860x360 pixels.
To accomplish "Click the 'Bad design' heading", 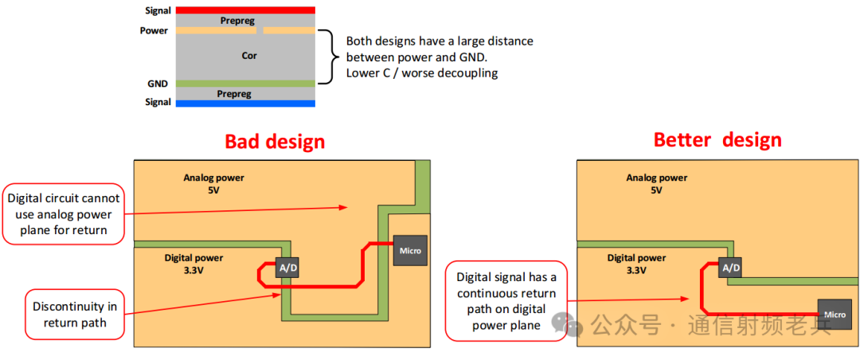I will [275, 142].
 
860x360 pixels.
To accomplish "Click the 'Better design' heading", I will [717, 140].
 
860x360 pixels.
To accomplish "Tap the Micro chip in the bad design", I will [411, 251].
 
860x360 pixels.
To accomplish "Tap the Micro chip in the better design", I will [835, 314].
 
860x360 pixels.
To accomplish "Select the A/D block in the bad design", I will [287, 268].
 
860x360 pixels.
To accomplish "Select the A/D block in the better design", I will [730, 268].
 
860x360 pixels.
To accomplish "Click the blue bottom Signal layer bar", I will [245, 103].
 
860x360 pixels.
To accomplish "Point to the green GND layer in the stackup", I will [245, 83].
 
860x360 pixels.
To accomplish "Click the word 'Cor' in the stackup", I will [249, 57].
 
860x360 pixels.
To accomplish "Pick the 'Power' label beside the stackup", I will [154, 31].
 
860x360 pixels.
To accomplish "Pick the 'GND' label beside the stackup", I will [157, 83].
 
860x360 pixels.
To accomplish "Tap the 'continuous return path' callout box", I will [506, 301].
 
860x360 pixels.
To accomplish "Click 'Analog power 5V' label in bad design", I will [213, 183].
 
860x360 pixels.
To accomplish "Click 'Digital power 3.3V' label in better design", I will [636, 264].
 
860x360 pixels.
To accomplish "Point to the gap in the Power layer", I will [260, 31].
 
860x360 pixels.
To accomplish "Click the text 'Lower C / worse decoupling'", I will [421, 73].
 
